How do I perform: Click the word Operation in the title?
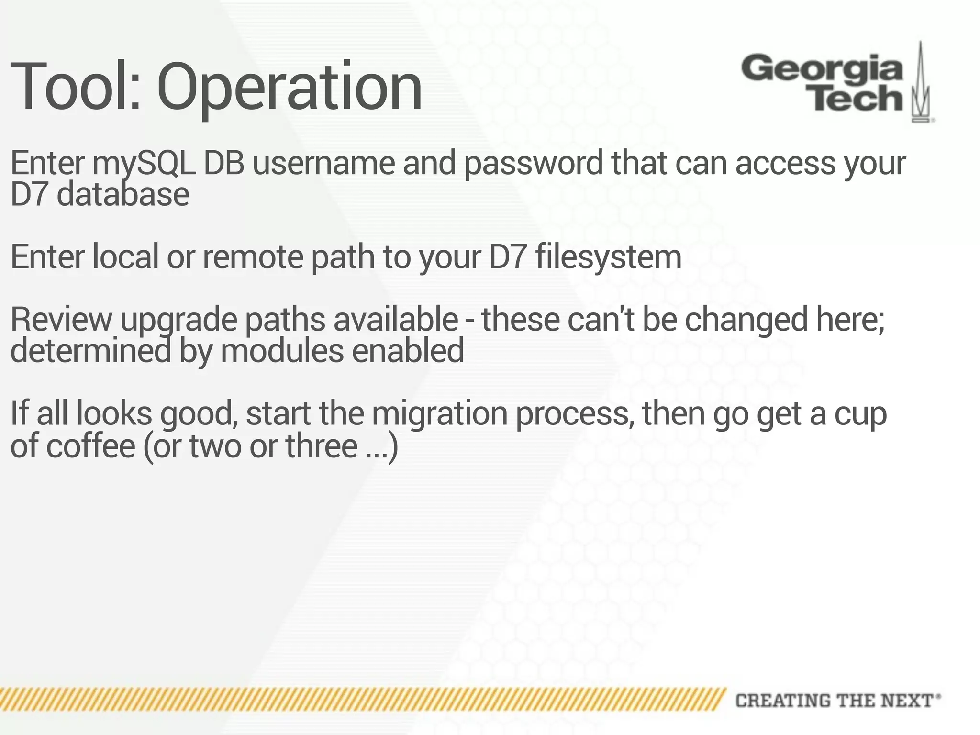click(289, 89)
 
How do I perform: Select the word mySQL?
click(144, 164)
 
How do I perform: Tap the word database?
click(123, 195)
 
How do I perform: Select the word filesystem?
click(608, 257)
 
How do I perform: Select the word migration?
click(439, 414)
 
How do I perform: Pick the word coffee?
click(90, 446)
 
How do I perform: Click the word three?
click(321, 446)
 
